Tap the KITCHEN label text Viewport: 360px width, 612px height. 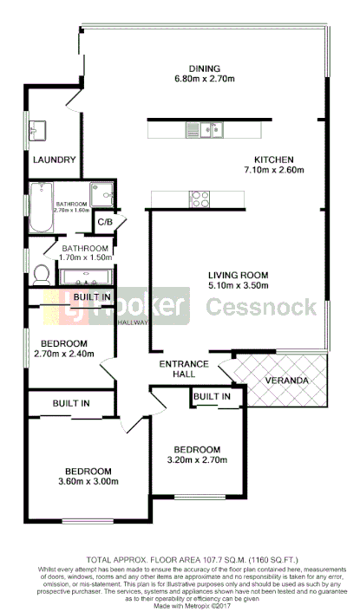pyautogui.click(x=273, y=160)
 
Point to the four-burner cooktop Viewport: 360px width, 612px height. pyautogui.click(x=199, y=199)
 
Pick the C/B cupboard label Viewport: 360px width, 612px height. pyautogui.click(x=105, y=222)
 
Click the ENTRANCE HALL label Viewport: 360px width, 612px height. pyautogui.click(x=183, y=369)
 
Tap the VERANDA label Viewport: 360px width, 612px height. pyautogui.click(x=286, y=381)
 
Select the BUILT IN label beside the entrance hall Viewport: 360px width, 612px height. pyautogui.click(x=212, y=397)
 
